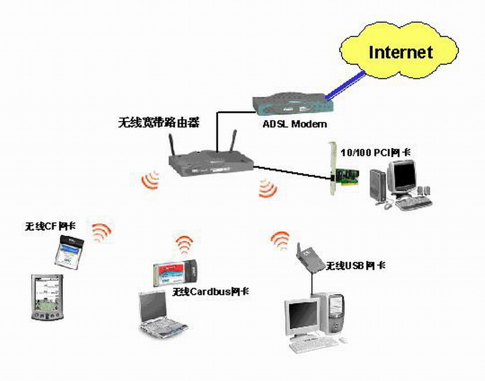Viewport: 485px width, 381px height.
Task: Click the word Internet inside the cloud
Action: pos(401,52)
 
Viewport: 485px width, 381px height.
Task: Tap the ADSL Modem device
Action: pos(292,106)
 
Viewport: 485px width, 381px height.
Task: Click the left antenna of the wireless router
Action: pos(173,145)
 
